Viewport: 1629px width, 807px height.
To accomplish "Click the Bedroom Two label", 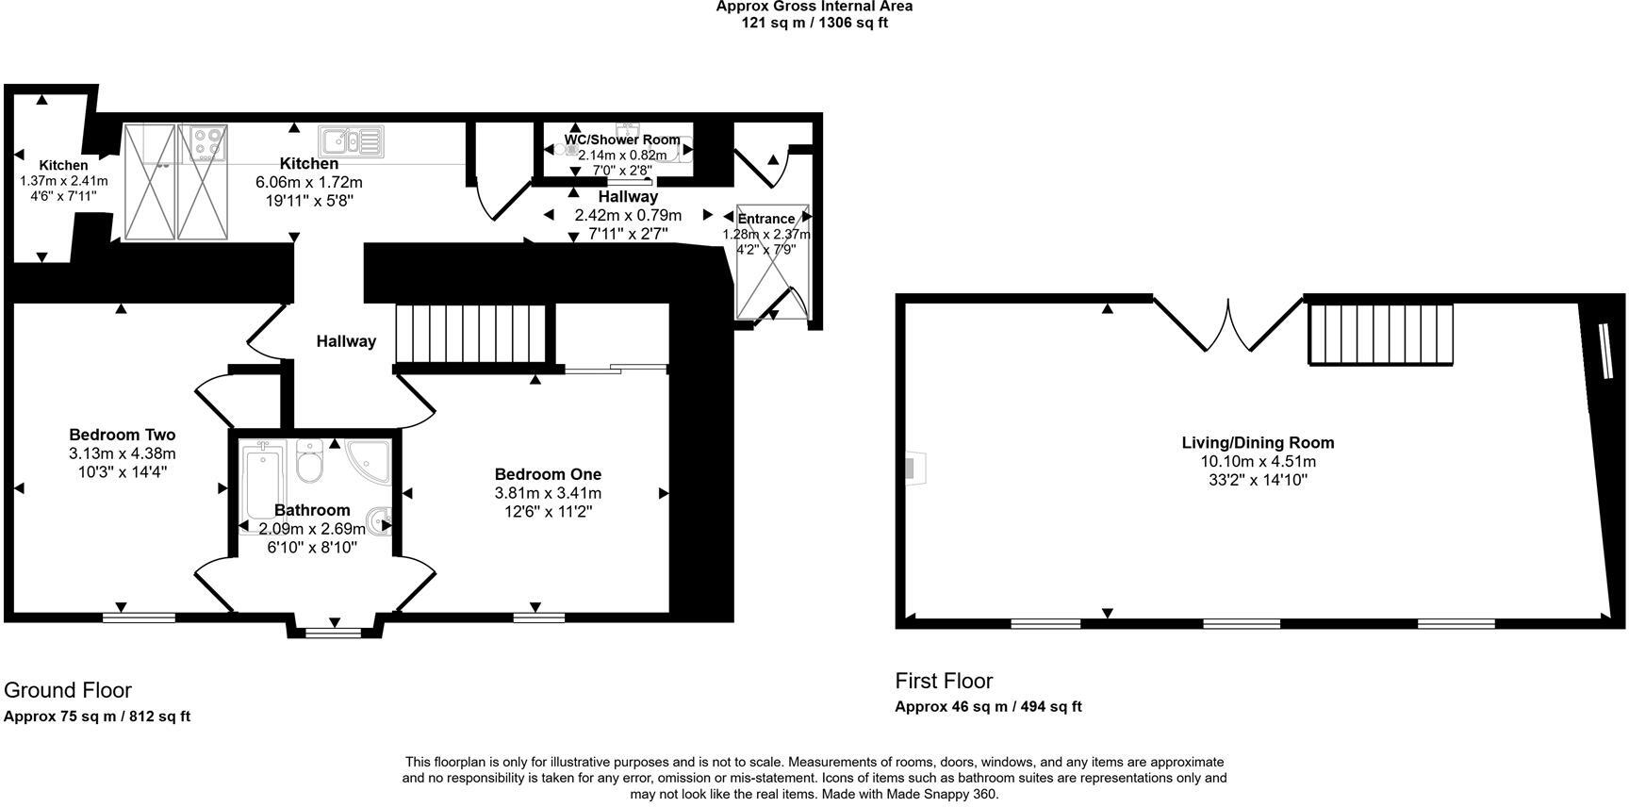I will click(123, 435).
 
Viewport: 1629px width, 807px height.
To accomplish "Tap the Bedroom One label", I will click(548, 474).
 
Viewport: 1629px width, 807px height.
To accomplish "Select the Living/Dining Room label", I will click(1258, 442).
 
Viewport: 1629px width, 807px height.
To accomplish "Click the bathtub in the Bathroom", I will click(258, 481).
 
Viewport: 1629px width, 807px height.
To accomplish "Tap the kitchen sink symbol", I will click(352, 141).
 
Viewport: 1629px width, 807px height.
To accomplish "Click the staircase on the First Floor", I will click(1381, 334).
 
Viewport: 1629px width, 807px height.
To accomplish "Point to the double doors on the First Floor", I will click(1228, 326).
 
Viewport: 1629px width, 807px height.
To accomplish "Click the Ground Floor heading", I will click(68, 690).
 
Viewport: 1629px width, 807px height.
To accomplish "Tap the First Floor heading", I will click(944, 681).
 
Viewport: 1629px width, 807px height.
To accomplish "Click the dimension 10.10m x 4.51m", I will click(1258, 461).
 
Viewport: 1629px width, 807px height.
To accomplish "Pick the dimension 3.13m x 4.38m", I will click(123, 453).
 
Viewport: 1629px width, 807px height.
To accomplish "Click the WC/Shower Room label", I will click(622, 140).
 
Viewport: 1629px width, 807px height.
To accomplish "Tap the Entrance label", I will click(765, 219).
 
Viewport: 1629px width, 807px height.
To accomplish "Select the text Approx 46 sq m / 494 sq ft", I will click(988, 706).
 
